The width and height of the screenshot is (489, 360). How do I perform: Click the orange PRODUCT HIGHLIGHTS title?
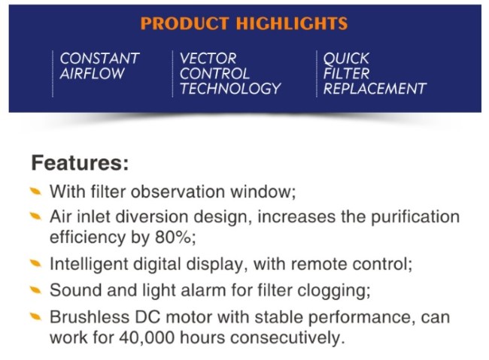244,23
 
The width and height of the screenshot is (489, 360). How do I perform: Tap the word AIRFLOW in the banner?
92,74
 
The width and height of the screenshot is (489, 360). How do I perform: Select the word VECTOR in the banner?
208,59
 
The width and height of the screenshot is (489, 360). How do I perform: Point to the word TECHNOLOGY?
230,89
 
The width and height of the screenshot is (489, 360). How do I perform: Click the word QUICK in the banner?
346,59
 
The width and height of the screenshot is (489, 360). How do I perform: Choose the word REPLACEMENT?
375,89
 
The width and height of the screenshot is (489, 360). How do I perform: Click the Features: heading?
80,162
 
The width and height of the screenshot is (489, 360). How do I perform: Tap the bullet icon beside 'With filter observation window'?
35,191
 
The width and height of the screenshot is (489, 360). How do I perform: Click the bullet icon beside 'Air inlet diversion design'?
35,216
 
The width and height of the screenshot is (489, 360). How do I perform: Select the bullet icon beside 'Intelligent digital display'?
35,263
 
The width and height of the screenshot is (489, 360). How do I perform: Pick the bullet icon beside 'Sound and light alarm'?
35,290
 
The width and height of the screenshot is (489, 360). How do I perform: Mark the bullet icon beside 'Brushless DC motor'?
35,316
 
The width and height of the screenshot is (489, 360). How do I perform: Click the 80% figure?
173,237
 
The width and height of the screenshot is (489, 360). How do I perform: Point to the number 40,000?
147,337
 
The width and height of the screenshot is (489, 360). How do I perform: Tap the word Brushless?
90,317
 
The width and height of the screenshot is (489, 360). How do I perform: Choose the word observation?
178,192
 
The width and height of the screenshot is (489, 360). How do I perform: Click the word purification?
415,217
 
